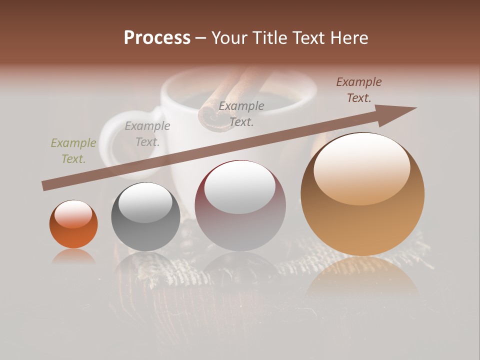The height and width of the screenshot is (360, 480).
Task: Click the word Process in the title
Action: [x=157, y=38]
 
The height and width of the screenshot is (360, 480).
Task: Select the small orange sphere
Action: [x=73, y=224]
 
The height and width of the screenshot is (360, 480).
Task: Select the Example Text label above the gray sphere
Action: [x=147, y=134]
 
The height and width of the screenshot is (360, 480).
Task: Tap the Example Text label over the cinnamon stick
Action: [x=241, y=114]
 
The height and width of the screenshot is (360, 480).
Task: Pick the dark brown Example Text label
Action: [x=359, y=90]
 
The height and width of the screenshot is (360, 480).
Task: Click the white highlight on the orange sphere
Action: [x=73, y=214]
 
